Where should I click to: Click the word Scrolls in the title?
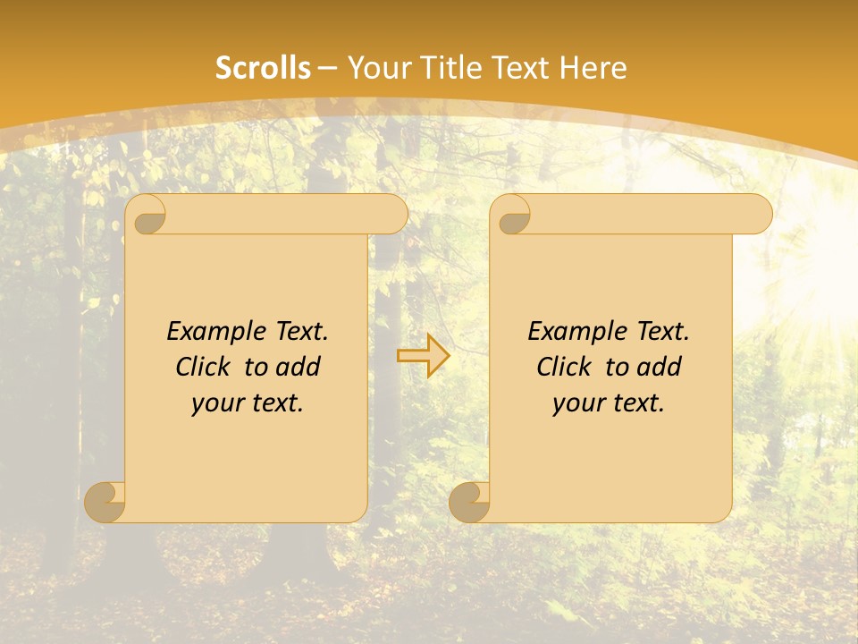pyautogui.click(x=263, y=68)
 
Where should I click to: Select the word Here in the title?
pyautogui.click(x=593, y=68)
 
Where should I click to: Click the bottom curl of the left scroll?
pyautogui.click(x=105, y=502)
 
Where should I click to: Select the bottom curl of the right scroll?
pyautogui.click(x=469, y=502)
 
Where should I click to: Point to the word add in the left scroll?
pyautogui.click(x=298, y=367)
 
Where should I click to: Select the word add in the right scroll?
pyautogui.click(x=659, y=367)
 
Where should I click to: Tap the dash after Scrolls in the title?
pyautogui.click(x=328, y=68)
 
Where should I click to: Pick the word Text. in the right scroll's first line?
pyautogui.click(x=662, y=332)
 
